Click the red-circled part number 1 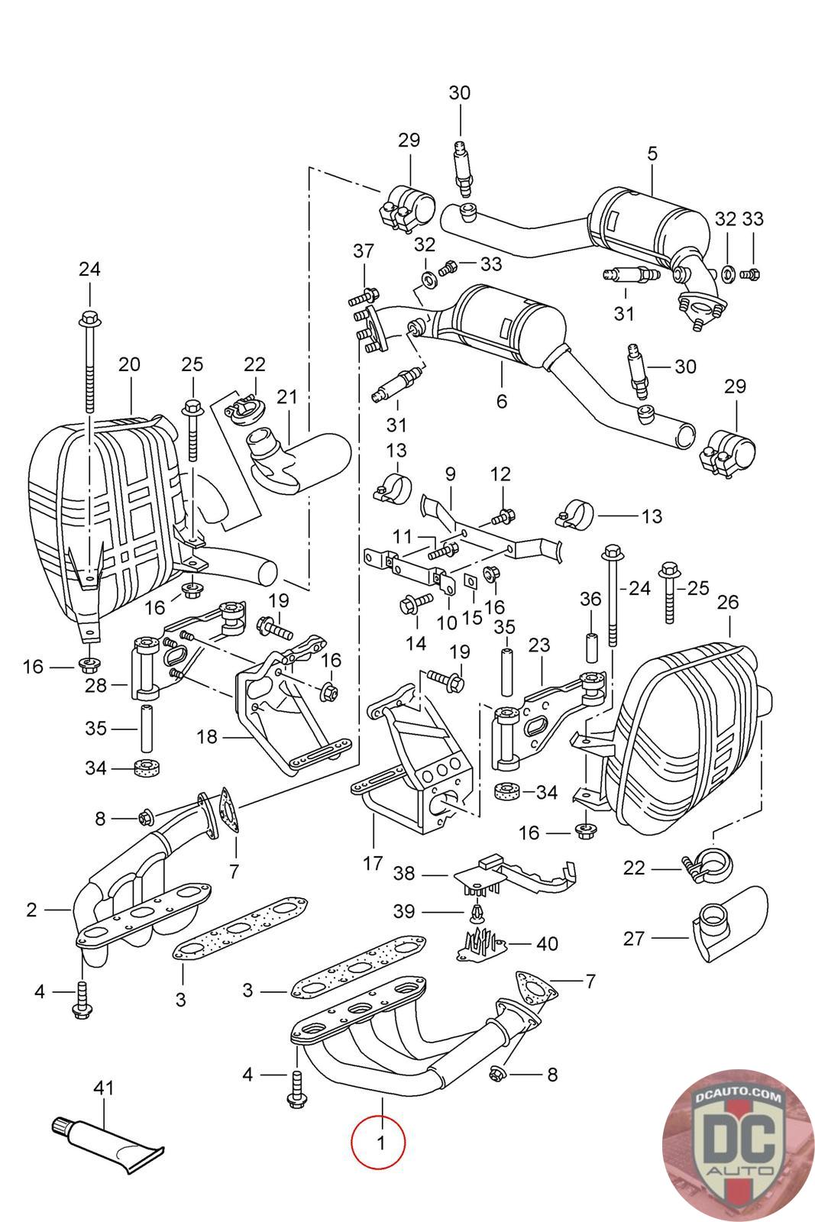click(x=379, y=1143)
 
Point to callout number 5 click(x=652, y=153)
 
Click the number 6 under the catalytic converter click(x=501, y=400)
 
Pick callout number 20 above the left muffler click(x=129, y=364)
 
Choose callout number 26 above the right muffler click(x=728, y=602)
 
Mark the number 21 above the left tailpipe click(x=286, y=397)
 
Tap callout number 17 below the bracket click(x=372, y=863)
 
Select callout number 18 click(x=206, y=737)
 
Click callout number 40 click(x=547, y=943)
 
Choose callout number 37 click(x=364, y=251)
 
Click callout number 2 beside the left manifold click(x=31, y=910)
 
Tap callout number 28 click(x=95, y=685)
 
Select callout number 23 click(x=539, y=645)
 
